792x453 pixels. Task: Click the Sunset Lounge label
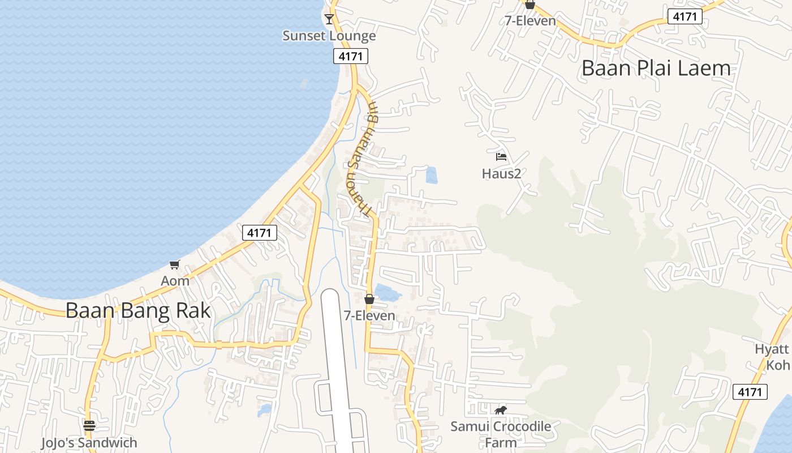pyautogui.click(x=329, y=36)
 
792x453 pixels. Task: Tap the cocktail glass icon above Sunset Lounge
pyautogui.click(x=329, y=19)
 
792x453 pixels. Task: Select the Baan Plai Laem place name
pyautogui.click(x=656, y=68)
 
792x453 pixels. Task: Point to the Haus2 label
pyautogui.click(x=501, y=173)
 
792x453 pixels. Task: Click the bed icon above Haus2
pyautogui.click(x=501, y=157)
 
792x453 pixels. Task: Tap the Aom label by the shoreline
pyautogui.click(x=175, y=281)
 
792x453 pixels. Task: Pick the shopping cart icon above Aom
pyautogui.click(x=175, y=264)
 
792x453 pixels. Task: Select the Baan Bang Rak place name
pyautogui.click(x=138, y=310)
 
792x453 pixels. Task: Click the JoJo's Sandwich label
pyautogui.click(x=89, y=442)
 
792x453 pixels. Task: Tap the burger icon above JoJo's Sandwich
pyautogui.click(x=89, y=425)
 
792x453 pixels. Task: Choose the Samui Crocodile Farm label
pyautogui.click(x=501, y=433)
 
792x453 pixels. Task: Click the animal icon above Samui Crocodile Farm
pyautogui.click(x=501, y=410)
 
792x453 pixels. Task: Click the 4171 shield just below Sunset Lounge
pyautogui.click(x=350, y=56)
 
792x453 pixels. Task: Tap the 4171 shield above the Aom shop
pyautogui.click(x=260, y=232)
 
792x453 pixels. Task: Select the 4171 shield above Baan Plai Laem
pyautogui.click(x=685, y=17)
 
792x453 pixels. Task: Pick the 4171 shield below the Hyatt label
pyautogui.click(x=750, y=391)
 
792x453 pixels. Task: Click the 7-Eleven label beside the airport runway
pyautogui.click(x=369, y=315)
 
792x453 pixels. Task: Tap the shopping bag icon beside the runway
pyautogui.click(x=369, y=299)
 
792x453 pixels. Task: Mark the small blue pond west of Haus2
pyautogui.click(x=432, y=176)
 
